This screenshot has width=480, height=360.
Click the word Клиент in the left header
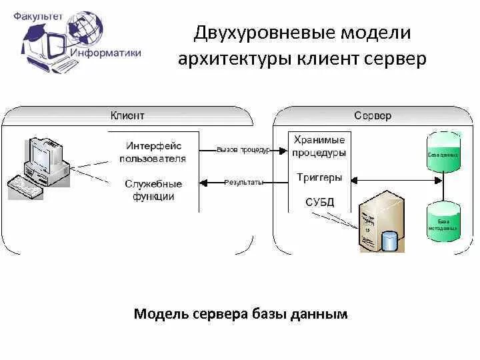tap(127, 115)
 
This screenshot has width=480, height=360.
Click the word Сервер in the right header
tap(373, 115)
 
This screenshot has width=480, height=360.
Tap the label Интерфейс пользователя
tap(153, 151)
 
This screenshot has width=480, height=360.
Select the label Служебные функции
tap(153, 190)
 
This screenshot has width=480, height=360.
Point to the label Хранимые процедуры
tap(319, 146)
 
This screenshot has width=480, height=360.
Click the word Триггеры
tap(319, 178)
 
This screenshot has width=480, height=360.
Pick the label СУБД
tap(319, 201)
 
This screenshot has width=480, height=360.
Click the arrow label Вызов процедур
tap(243, 150)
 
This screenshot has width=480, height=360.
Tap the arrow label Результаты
tap(243, 182)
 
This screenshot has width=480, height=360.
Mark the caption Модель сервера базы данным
tap(241, 313)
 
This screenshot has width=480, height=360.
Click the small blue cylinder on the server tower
tap(389, 239)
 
